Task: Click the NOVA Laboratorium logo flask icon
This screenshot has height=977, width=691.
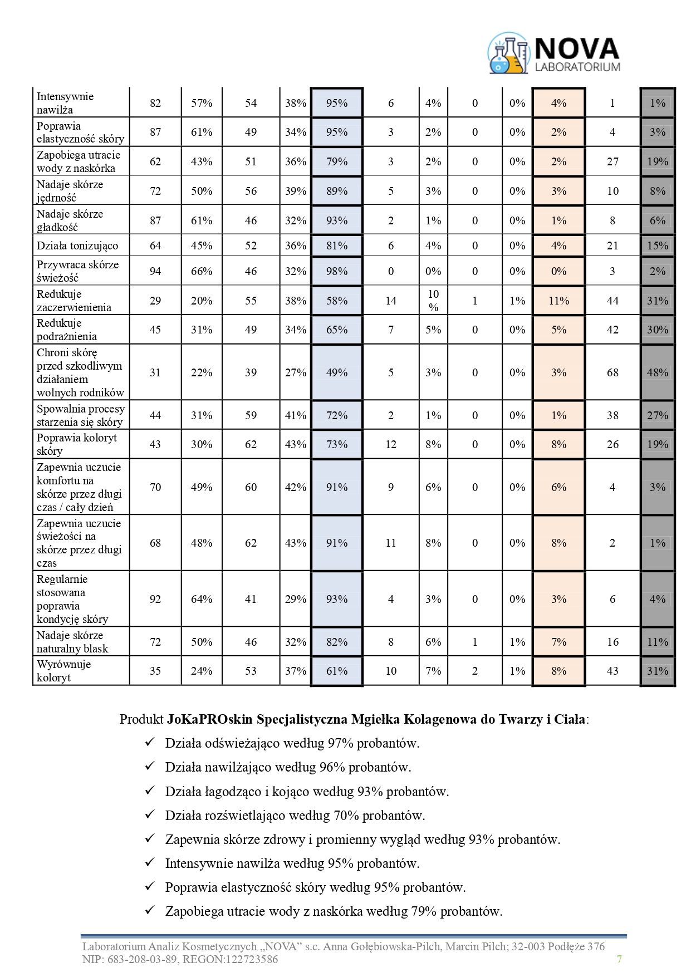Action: (507, 54)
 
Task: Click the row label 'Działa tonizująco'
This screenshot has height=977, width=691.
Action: (77, 246)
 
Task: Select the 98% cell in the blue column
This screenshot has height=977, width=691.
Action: (337, 271)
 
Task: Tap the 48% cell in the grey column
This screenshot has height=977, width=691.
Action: (658, 372)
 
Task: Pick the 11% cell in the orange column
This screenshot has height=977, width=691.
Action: (558, 301)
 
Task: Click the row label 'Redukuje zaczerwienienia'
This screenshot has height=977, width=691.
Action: (73, 301)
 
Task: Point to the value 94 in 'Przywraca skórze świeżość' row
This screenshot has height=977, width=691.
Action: (155, 271)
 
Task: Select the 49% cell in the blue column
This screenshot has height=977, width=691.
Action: (337, 372)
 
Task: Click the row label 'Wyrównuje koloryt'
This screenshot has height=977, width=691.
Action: (63, 671)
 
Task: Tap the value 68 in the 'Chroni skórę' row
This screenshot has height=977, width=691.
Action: (612, 372)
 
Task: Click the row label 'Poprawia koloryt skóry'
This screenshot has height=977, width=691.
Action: (76, 444)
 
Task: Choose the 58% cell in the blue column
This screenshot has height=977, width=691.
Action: (337, 301)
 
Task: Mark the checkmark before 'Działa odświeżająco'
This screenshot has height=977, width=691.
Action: (149, 743)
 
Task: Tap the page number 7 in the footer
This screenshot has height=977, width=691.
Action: (619, 959)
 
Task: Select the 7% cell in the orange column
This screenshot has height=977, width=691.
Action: (558, 642)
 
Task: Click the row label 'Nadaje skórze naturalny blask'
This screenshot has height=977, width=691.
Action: (72, 642)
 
